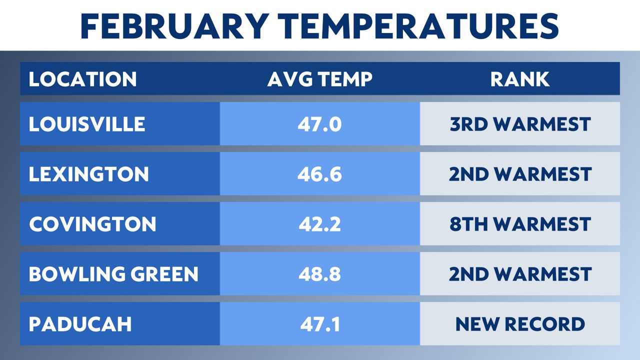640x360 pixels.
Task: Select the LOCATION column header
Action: click(82, 79)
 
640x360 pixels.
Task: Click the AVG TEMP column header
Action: click(320, 79)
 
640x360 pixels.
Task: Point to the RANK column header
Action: click(520, 79)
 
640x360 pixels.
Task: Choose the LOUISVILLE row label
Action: click(87, 124)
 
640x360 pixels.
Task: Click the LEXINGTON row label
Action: click(89, 174)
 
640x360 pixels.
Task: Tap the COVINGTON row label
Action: click(92, 224)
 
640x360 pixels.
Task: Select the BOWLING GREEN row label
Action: click(113, 274)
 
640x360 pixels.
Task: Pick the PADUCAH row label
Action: click(80, 324)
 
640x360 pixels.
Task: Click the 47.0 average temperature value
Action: click(320, 124)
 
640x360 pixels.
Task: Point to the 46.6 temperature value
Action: click(320, 174)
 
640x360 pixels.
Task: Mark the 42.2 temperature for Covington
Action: click(320, 224)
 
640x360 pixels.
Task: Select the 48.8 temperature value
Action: click(320, 274)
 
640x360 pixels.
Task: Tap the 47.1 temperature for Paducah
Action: click(320, 324)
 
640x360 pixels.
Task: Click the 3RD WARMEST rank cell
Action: click(520, 124)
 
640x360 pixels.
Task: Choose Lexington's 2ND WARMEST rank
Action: click(520, 174)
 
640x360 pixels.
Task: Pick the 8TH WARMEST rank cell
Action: click(520, 224)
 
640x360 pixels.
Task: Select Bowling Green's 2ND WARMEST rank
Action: click(520, 274)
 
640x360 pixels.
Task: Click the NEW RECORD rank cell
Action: click(520, 324)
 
